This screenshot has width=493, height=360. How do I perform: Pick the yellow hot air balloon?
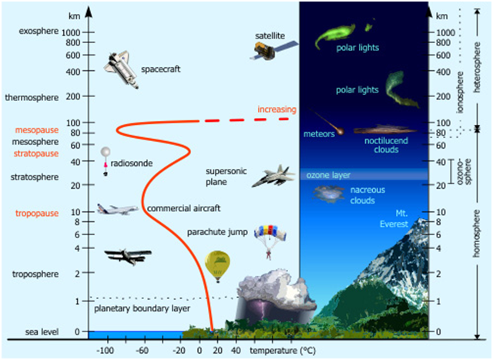point(217,267)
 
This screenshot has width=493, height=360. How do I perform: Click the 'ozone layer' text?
point(329,176)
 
